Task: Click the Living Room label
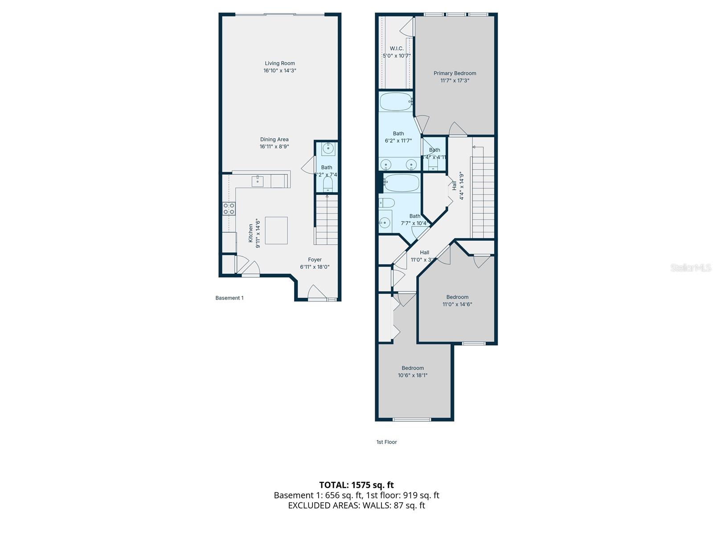coord(280,63)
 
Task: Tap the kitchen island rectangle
coord(276,230)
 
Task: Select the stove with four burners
coord(229,209)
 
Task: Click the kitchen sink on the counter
coord(258,181)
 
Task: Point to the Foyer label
coord(315,259)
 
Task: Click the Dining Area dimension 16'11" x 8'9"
coord(275,147)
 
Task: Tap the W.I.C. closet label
coord(397,48)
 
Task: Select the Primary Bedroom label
coord(455,73)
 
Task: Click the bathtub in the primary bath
coord(396,102)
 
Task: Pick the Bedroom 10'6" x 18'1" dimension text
coord(413,375)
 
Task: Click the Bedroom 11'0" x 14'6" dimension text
coord(457,305)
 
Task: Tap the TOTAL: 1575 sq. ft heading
coord(356,485)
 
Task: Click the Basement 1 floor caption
coord(229,298)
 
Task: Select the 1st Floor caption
coord(386,442)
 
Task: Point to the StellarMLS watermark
coord(691,268)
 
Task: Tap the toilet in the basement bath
coord(328,184)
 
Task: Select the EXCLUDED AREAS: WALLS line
coord(356,505)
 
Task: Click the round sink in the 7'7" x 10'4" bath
coord(385,222)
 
